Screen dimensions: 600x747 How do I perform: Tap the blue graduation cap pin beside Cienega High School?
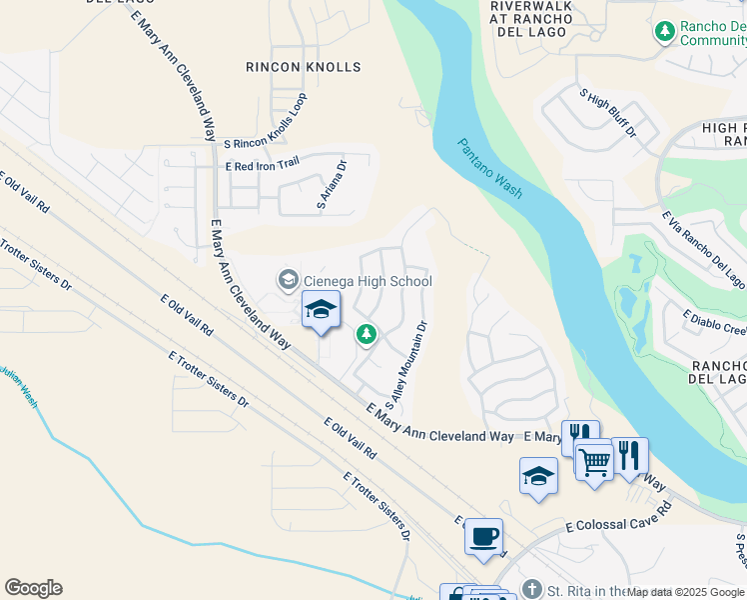point(321,310)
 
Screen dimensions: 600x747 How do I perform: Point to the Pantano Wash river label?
point(491,169)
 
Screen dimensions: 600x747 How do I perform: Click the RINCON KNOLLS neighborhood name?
point(303,67)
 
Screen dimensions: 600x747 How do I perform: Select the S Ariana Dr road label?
point(332,186)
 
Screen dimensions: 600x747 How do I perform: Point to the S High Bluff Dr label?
point(608,112)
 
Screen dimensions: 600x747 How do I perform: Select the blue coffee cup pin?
point(484,536)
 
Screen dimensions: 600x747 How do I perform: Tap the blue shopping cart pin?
point(594,461)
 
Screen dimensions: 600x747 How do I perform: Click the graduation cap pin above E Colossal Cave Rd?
point(538,476)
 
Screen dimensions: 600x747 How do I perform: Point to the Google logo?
point(33,588)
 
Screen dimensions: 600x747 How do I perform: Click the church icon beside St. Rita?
point(531,588)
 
